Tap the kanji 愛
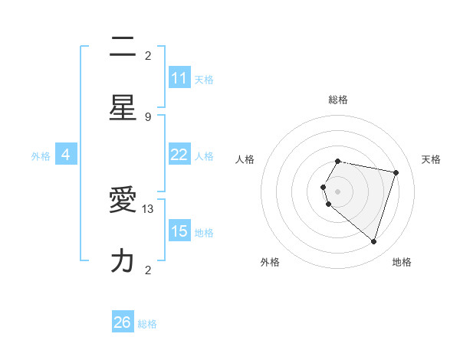(123, 201)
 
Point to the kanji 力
(123, 260)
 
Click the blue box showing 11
(179, 78)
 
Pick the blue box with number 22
(179, 155)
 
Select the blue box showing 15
(179, 231)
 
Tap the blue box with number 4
(66, 155)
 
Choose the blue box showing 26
(123, 322)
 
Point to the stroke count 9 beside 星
(148, 116)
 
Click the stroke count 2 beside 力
(148, 270)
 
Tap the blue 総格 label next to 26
(147, 324)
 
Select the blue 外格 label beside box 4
(41, 156)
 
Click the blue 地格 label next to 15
(204, 233)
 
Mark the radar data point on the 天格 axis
(396, 172)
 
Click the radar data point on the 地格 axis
(373, 241)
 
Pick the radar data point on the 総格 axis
(337, 162)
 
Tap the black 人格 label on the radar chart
(245, 159)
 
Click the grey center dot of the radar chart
(337, 191)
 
